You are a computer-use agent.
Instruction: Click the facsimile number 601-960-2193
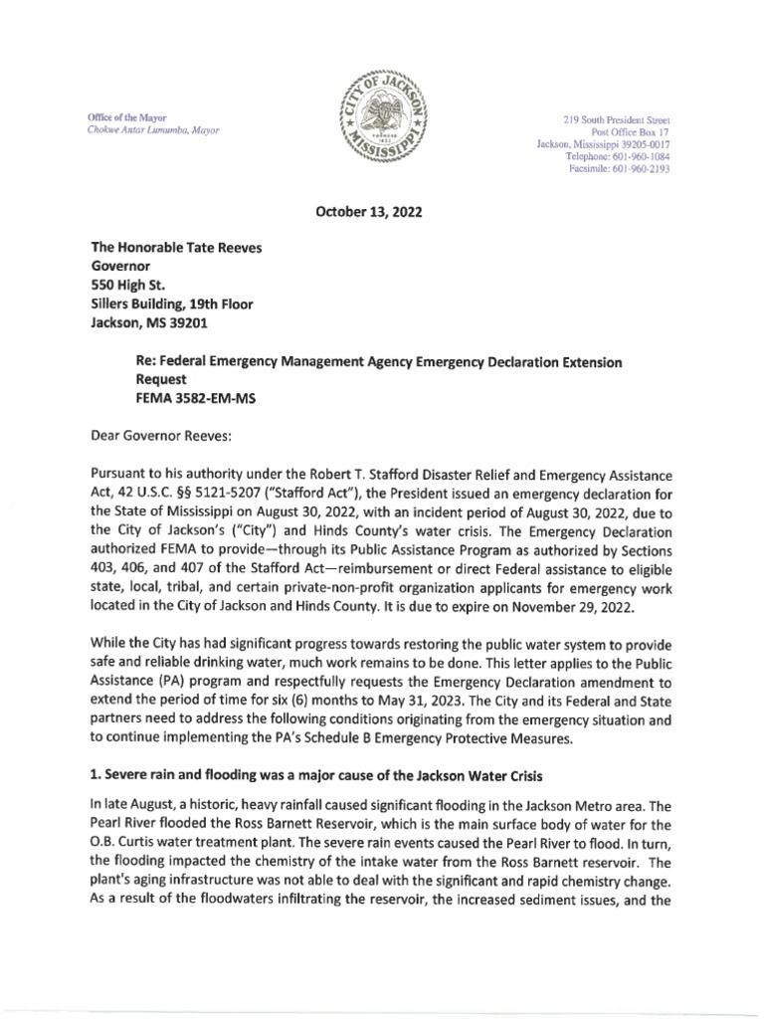click(x=643, y=169)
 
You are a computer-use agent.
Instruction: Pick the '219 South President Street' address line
click(x=616, y=120)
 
